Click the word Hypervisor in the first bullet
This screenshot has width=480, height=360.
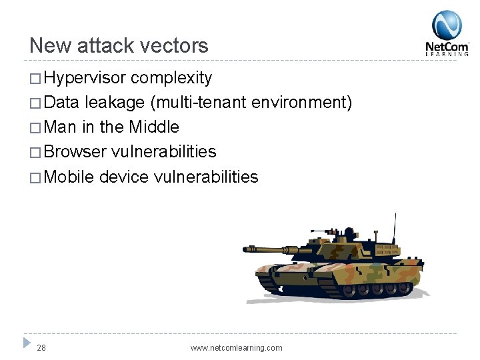click(x=85, y=78)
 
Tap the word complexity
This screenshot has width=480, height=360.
click(x=171, y=78)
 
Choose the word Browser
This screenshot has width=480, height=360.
click(x=75, y=151)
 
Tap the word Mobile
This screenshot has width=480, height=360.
click(x=69, y=177)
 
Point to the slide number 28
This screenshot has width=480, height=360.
click(x=41, y=347)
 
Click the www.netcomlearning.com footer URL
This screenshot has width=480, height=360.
click(x=236, y=347)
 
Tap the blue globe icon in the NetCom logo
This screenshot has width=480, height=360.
click(x=447, y=25)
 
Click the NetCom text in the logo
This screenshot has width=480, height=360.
click(x=447, y=47)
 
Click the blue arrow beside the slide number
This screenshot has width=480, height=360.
click(x=27, y=343)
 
